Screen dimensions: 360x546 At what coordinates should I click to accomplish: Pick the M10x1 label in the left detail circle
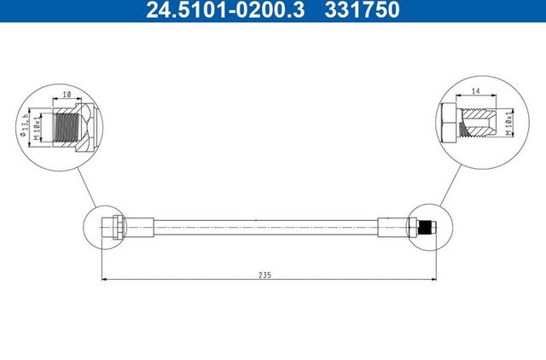tap(38, 127)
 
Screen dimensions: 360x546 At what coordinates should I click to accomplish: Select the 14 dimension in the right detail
tap(474, 90)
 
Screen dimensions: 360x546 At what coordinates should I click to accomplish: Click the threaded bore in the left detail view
tap(66, 127)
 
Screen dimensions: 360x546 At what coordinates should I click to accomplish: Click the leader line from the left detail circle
tap(88, 183)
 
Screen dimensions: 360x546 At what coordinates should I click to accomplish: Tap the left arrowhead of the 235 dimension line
tap(103, 279)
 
